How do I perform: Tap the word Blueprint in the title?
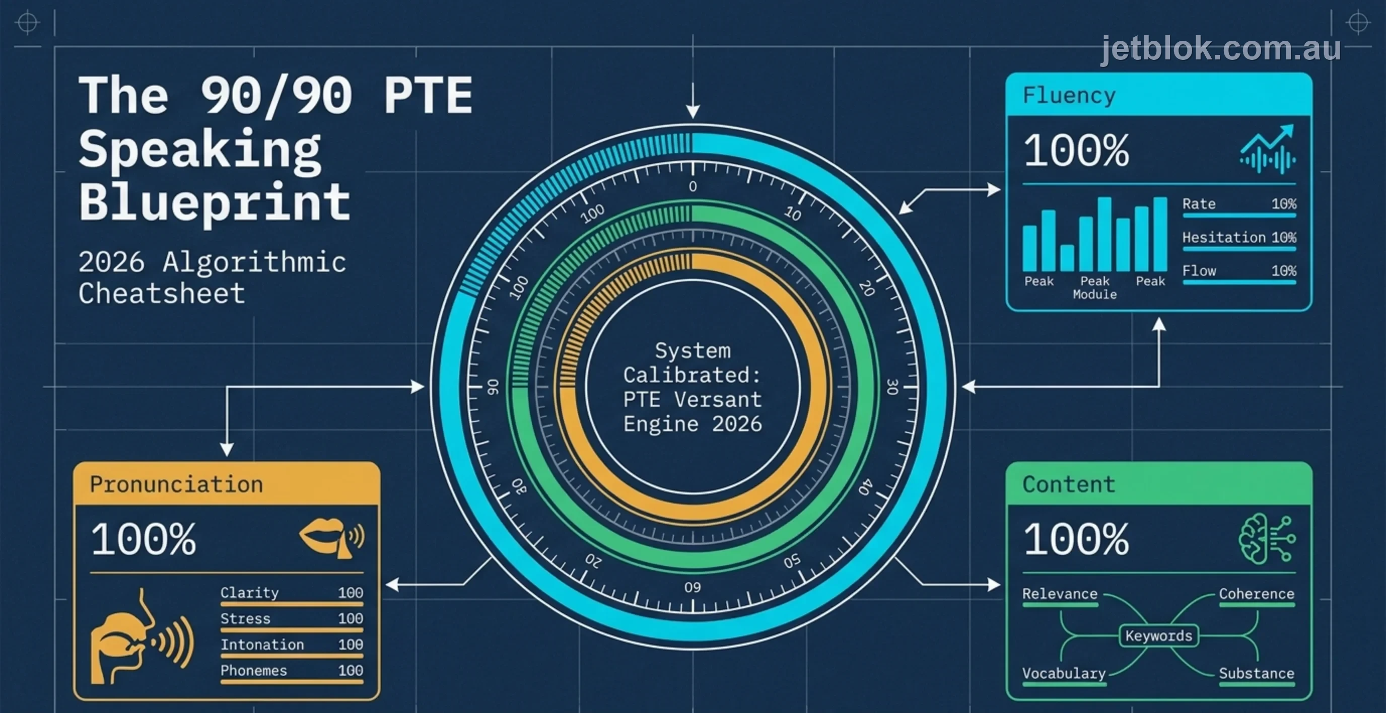click(x=215, y=203)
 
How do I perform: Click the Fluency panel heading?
click(x=1069, y=95)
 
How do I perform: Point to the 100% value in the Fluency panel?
click(x=1076, y=151)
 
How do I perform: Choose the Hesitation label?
click(x=1223, y=237)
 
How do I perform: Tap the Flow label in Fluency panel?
click(x=1199, y=271)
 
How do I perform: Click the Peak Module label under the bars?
click(x=1094, y=288)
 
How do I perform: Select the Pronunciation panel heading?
click(x=176, y=484)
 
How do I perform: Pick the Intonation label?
click(x=262, y=645)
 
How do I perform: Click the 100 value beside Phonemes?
click(x=350, y=671)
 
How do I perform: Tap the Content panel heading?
click(x=1069, y=484)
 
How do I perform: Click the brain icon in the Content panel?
click(x=1267, y=539)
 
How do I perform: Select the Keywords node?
click(x=1158, y=636)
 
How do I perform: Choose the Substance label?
click(x=1257, y=673)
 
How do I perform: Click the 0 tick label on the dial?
click(x=693, y=186)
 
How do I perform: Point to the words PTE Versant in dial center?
click(x=692, y=400)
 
